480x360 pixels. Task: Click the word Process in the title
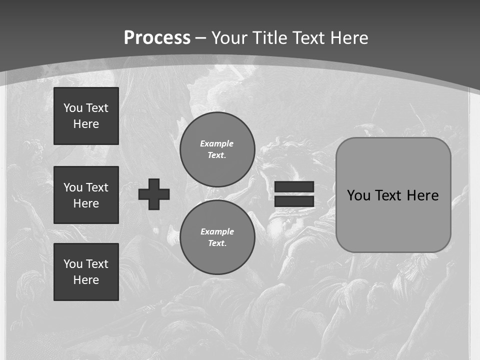click(x=157, y=38)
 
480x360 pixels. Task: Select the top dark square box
click(x=86, y=116)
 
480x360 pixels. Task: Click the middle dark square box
click(x=86, y=195)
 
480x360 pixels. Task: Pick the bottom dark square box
click(x=86, y=272)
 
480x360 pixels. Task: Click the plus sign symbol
click(x=154, y=194)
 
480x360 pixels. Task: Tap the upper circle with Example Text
click(x=217, y=149)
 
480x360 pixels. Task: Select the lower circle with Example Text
click(x=217, y=237)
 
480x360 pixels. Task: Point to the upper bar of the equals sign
click(x=294, y=186)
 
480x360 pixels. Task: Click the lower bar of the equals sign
click(x=294, y=201)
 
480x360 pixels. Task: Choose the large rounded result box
click(x=393, y=194)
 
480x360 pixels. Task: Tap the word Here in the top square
click(x=86, y=124)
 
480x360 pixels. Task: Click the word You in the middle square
click(x=72, y=187)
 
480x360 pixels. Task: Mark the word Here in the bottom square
click(x=86, y=280)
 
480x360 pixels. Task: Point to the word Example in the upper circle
click(x=217, y=143)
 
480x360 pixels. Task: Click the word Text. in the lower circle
click(x=217, y=243)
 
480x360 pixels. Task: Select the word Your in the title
click(x=229, y=38)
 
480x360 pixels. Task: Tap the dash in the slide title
click(x=201, y=38)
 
